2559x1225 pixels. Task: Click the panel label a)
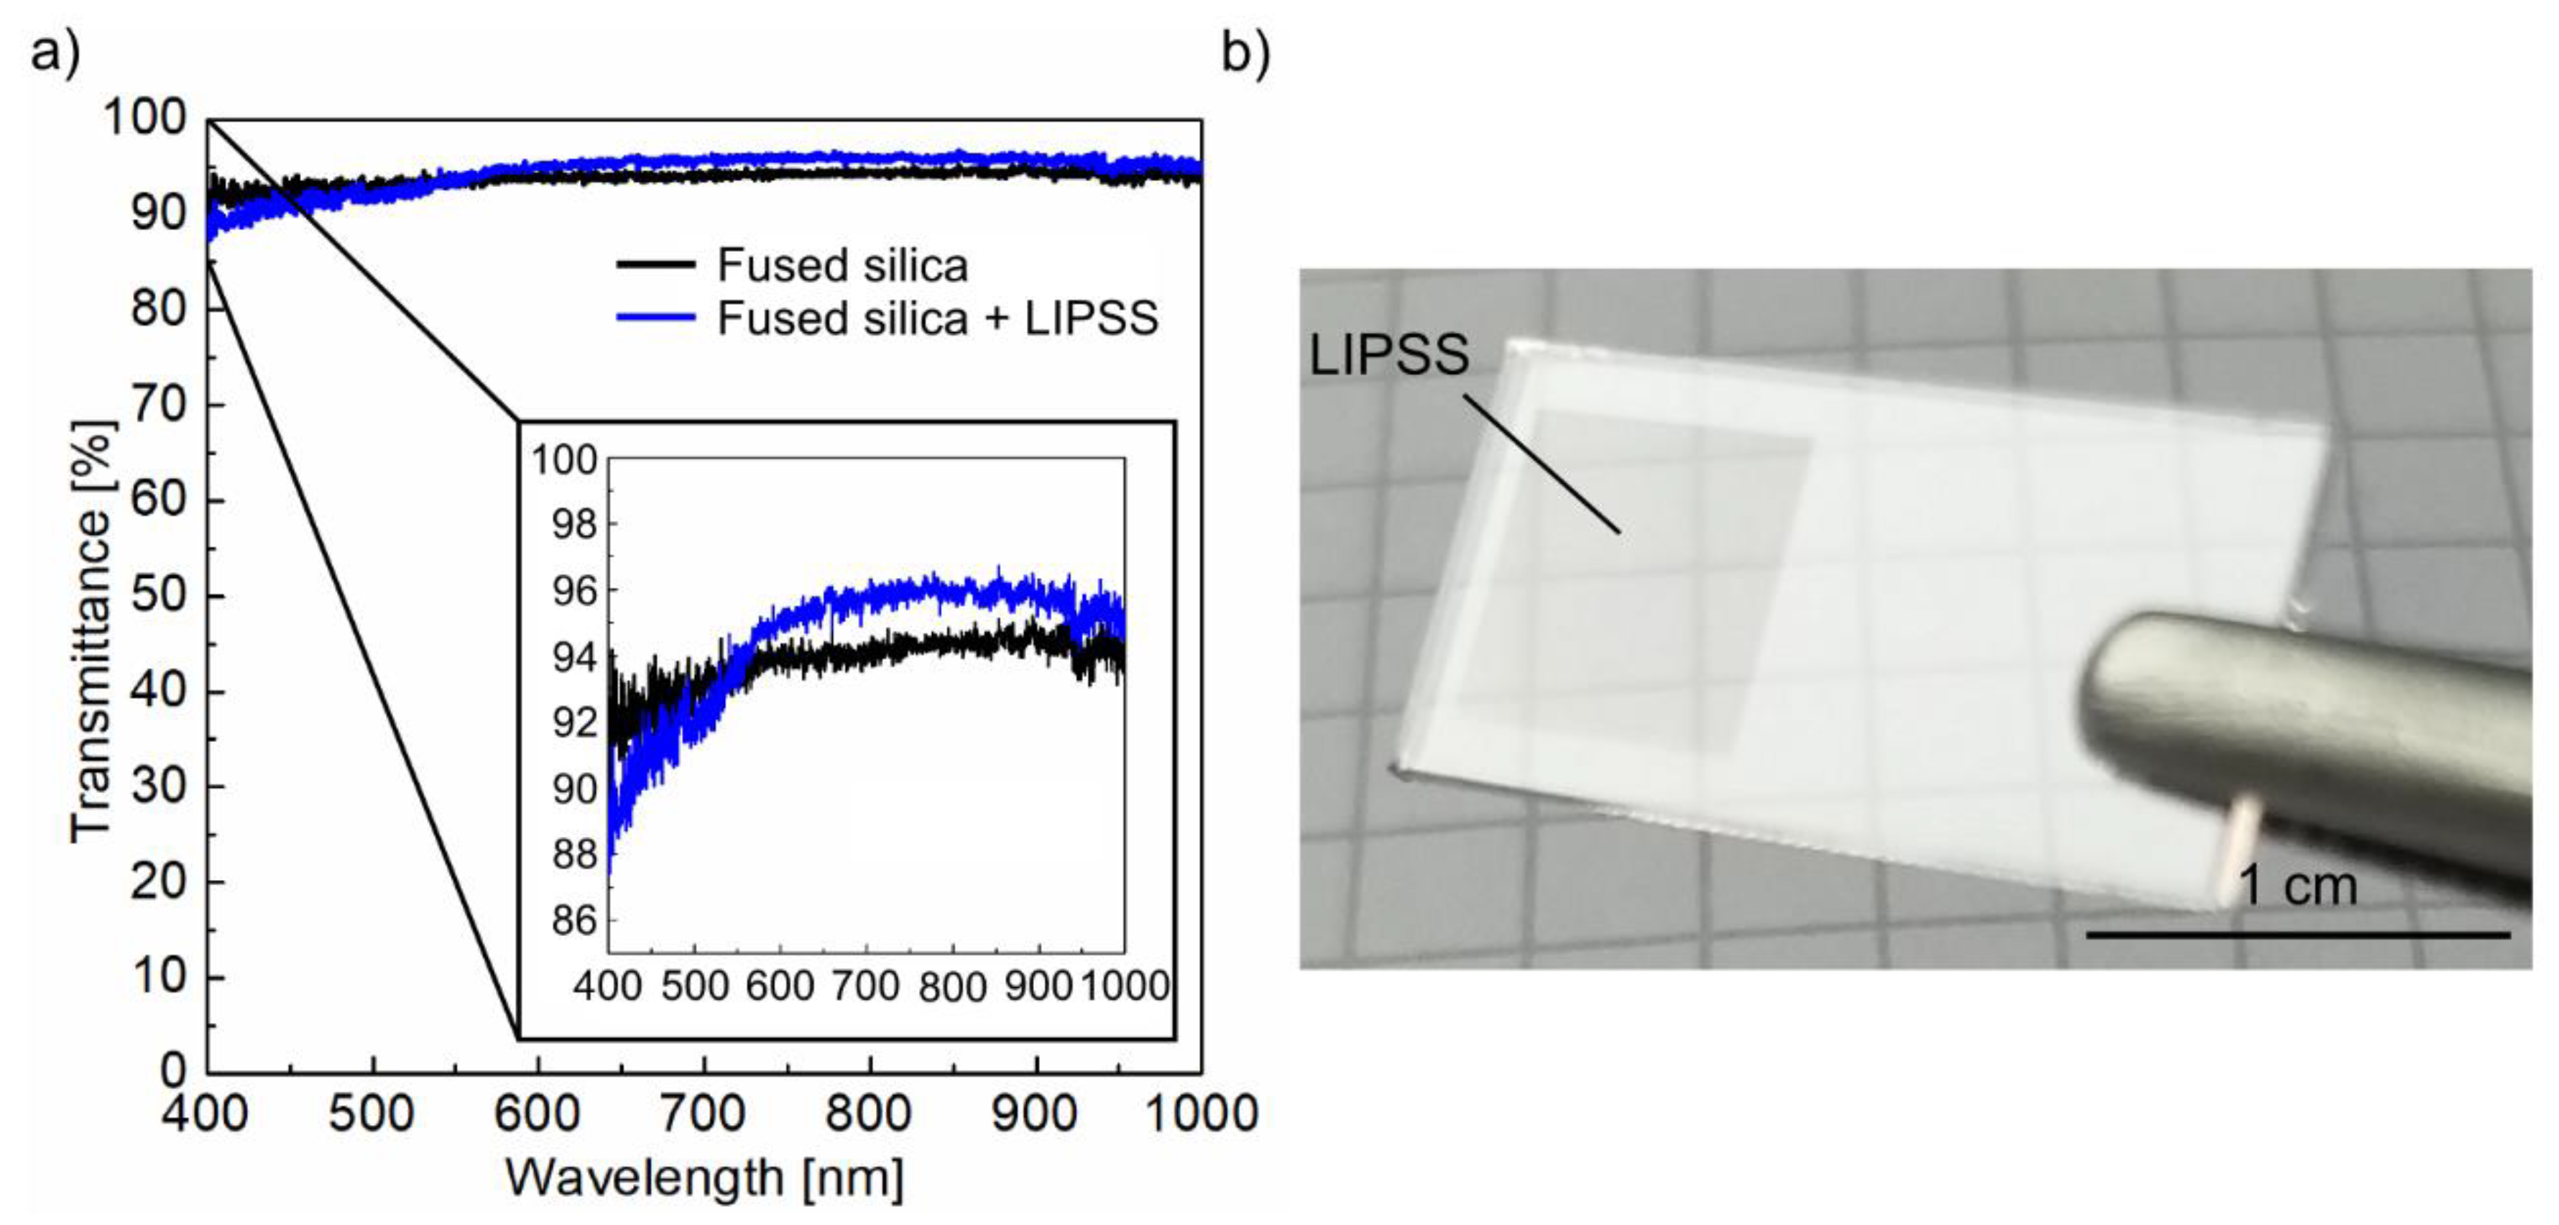coord(55,52)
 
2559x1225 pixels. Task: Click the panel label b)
coord(1245,52)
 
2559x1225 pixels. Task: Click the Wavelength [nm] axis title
coord(704,1178)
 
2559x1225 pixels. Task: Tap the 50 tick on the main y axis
coord(159,596)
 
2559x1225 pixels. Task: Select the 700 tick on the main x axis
coord(704,1113)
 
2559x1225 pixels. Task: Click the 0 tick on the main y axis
coord(174,1072)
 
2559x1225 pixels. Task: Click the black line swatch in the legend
coord(655,265)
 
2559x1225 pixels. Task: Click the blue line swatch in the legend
coord(655,318)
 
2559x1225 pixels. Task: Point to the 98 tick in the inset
coord(575,525)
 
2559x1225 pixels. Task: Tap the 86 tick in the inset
coord(575,921)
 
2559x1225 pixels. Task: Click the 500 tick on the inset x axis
coord(693,986)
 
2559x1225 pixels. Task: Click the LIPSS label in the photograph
coord(1388,354)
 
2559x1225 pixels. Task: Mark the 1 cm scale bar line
coord(2297,934)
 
